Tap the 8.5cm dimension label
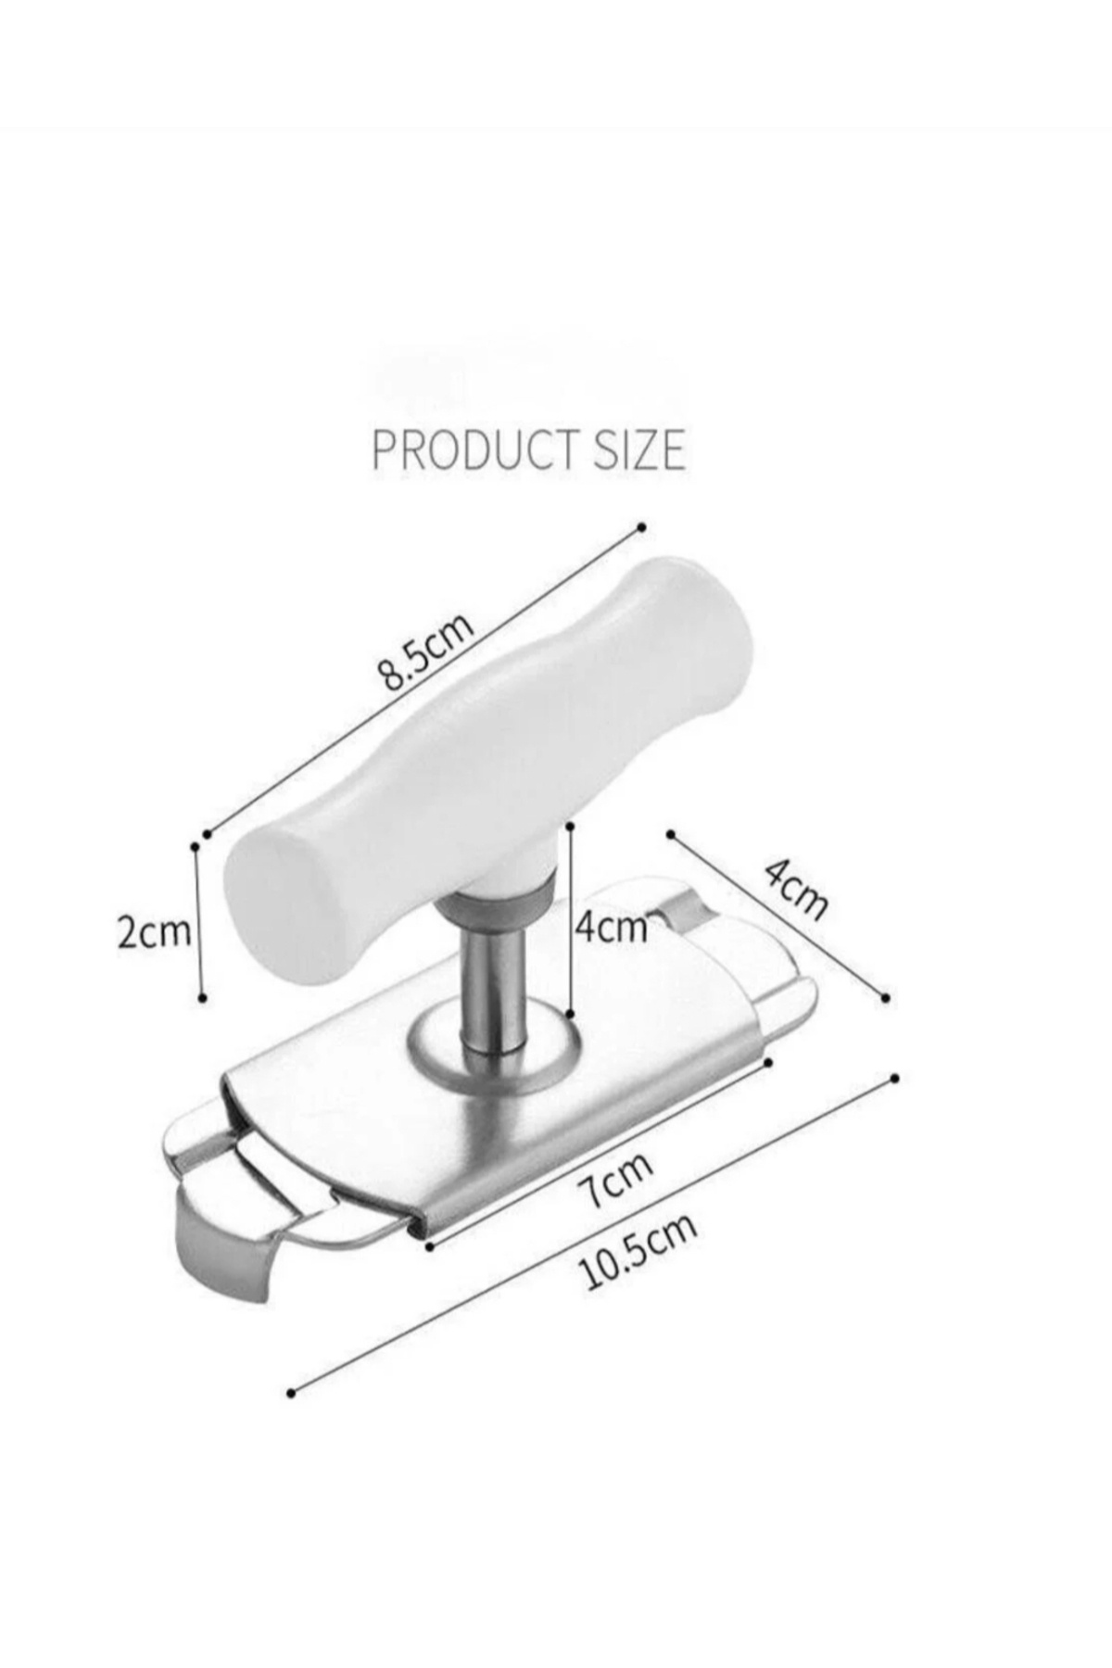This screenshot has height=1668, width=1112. tap(425, 653)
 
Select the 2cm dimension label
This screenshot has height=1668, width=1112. tap(153, 931)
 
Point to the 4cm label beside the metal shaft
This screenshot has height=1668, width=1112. tap(610, 926)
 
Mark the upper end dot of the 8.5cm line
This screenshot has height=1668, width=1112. tap(641, 527)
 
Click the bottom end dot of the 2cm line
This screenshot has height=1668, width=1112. tap(203, 998)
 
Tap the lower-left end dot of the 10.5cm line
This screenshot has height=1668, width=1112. tap(291, 1393)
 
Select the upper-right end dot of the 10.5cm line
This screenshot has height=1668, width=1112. tap(894, 1078)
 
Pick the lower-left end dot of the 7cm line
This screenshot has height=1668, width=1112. tap(430, 1247)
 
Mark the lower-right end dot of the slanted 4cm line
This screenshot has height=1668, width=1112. tap(886, 998)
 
